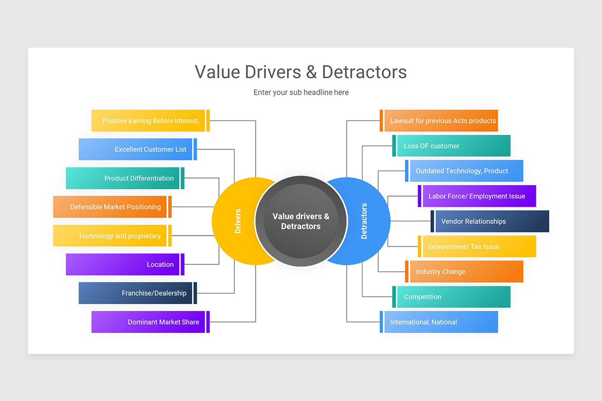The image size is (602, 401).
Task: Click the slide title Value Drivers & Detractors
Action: [x=300, y=72]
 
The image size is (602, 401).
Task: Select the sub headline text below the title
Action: [x=300, y=92]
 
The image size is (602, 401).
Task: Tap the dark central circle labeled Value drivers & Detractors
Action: [x=300, y=221]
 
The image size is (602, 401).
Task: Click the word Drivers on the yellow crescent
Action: [x=238, y=221]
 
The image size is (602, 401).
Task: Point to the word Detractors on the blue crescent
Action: [x=364, y=221]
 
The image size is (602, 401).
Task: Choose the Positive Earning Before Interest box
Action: [x=149, y=121]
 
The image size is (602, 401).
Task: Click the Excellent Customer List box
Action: [x=136, y=149]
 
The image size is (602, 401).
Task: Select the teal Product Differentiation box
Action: [x=123, y=178]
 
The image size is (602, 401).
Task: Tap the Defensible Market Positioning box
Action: [x=110, y=207]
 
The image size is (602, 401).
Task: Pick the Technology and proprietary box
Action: [x=110, y=236]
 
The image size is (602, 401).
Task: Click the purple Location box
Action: [x=123, y=264]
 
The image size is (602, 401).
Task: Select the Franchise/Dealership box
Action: [x=136, y=293]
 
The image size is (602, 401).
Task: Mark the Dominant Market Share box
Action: [x=149, y=322]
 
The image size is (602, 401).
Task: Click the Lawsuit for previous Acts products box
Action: [x=441, y=121]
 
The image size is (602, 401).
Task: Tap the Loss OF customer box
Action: [x=454, y=146]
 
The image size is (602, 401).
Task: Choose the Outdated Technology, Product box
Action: [x=466, y=171]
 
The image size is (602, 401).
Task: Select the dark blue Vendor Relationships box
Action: [x=492, y=221]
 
